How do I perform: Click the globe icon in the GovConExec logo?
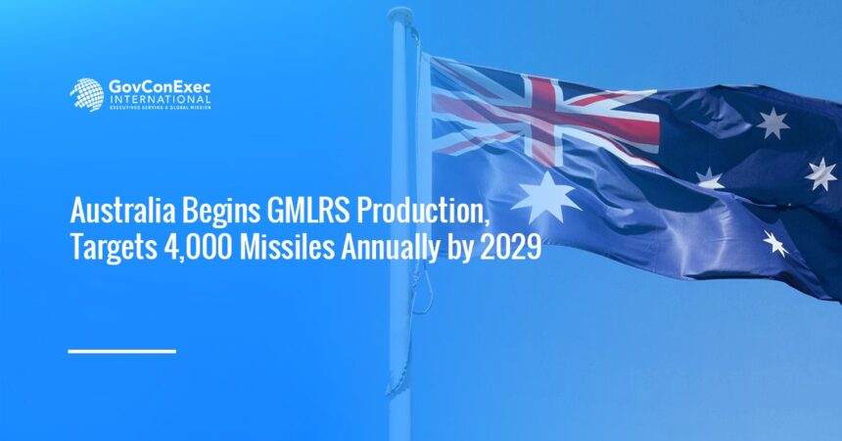tap(86, 94)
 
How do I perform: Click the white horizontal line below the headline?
tap(121, 350)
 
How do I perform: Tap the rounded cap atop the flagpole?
tap(399, 16)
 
